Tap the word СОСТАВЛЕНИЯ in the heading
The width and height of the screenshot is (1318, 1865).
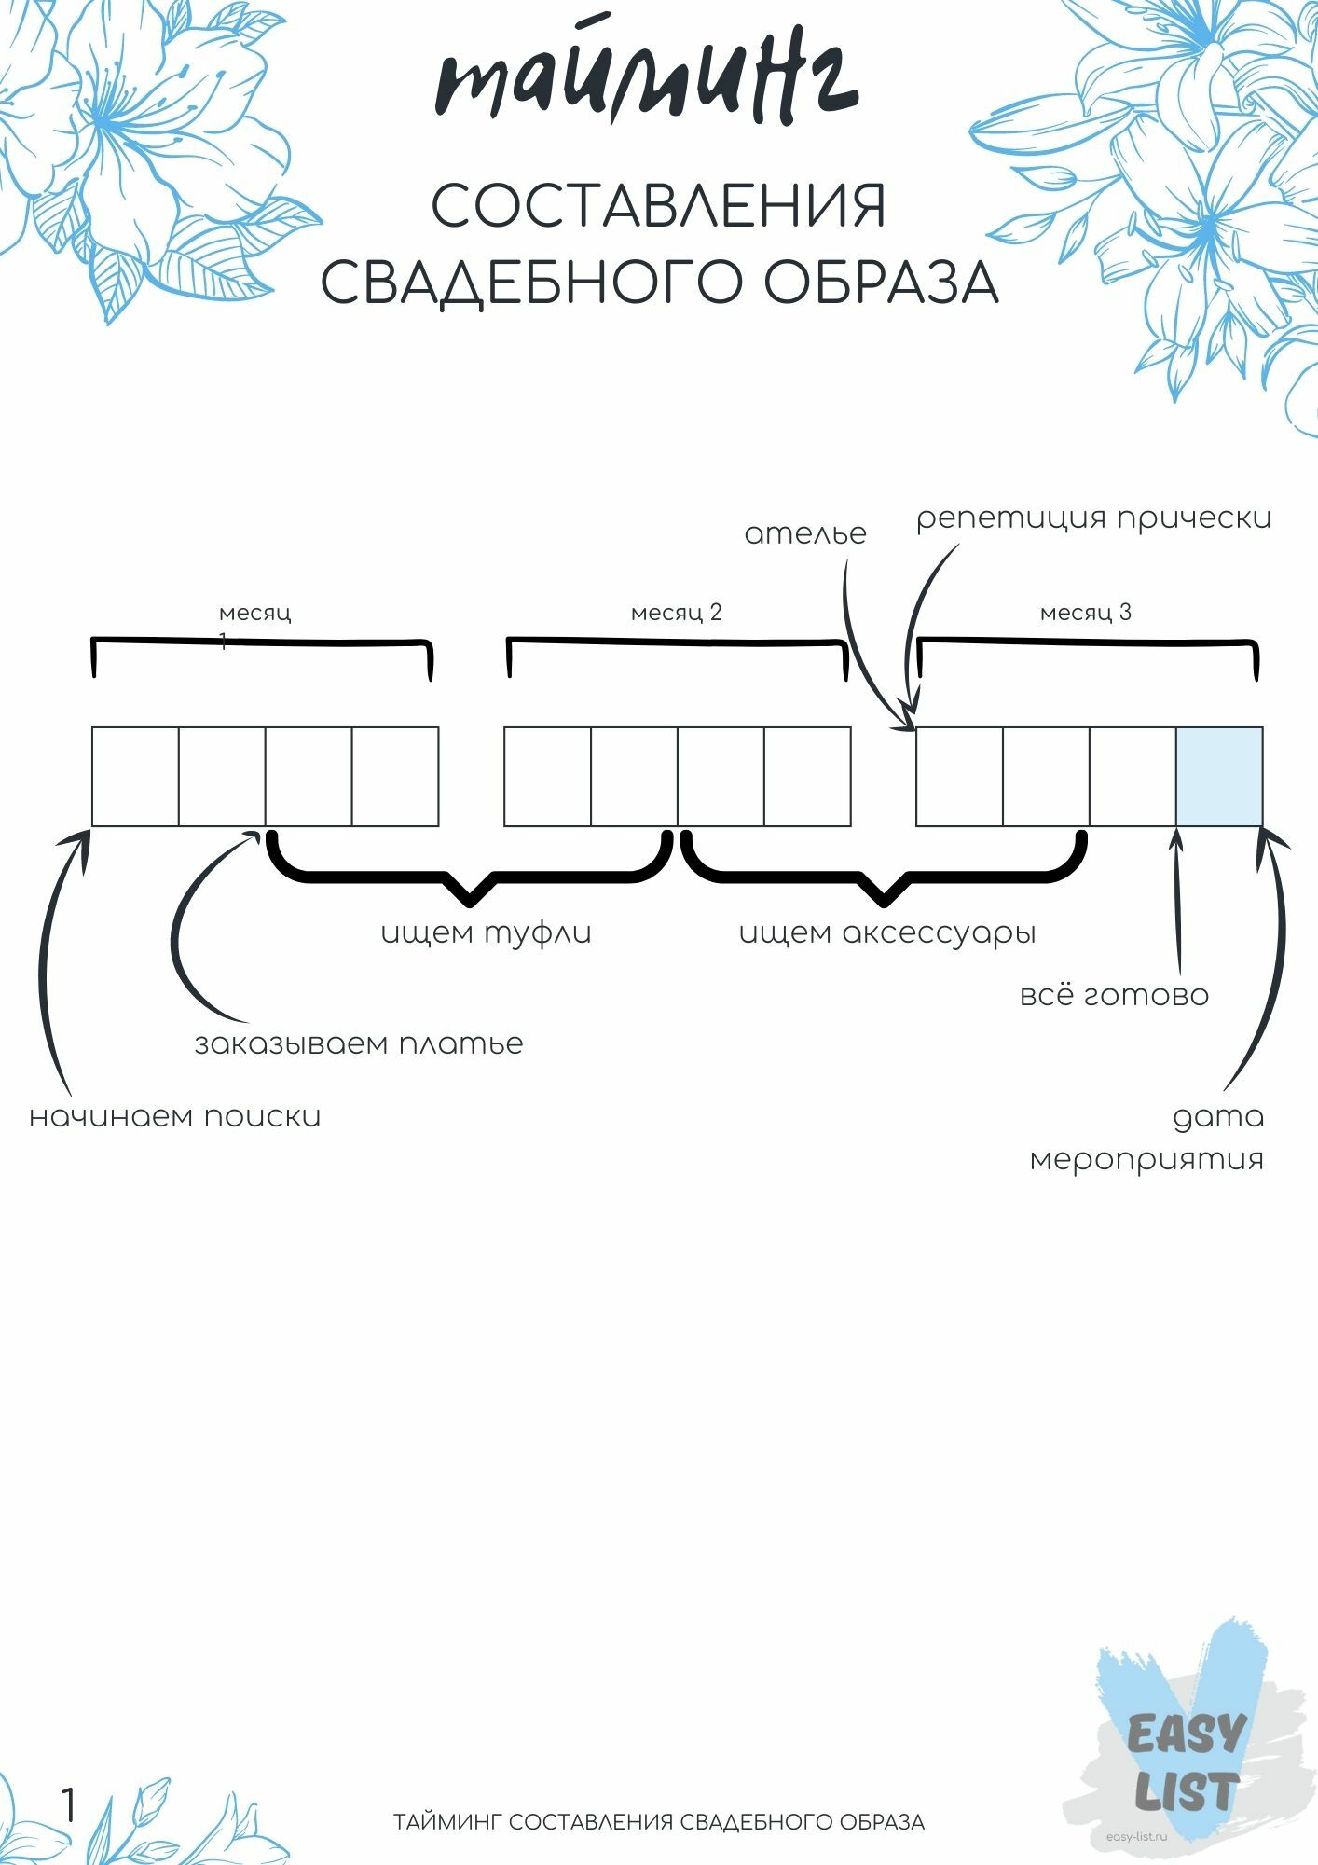[658, 207]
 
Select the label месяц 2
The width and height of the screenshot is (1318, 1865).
[677, 613]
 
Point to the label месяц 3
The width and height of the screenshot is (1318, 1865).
[1086, 613]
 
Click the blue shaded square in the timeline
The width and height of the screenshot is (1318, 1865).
[1219, 777]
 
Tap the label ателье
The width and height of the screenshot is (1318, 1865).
[805, 534]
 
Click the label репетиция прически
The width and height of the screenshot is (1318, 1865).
[1093, 518]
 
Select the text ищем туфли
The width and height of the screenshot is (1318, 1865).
[487, 933]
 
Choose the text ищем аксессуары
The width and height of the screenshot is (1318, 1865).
[887, 933]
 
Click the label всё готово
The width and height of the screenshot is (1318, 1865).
[1115, 995]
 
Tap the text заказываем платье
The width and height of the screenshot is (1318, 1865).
[359, 1043]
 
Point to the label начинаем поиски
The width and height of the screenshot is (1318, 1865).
[175, 1116]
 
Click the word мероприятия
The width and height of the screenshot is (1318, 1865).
[1147, 1160]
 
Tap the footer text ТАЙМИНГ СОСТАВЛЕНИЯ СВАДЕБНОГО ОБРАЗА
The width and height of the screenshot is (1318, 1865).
[659, 1822]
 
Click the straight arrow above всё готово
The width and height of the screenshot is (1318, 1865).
[1178, 900]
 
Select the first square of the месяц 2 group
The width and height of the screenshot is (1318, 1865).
[547, 777]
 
